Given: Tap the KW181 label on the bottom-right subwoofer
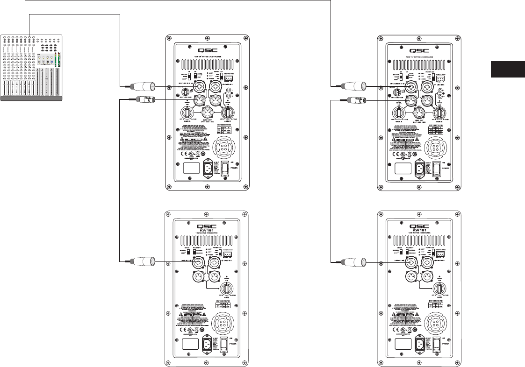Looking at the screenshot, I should pos(417,231).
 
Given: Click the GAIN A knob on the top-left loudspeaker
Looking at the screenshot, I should pos(186,112).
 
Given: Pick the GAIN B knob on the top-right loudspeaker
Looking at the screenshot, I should pos(439,112).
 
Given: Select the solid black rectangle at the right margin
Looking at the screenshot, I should pos(508,69).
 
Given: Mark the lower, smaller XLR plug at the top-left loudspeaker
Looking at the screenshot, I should pos(143,99).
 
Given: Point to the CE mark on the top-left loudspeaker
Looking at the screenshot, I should pos(179,153).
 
